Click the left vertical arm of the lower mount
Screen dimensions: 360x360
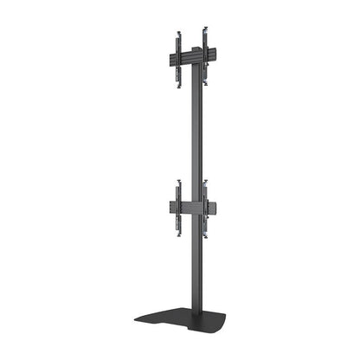(179, 208)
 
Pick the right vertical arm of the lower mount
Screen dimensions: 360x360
(206, 208)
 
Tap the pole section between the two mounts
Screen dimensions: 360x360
(193, 130)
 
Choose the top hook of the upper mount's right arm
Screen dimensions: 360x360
(206, 28)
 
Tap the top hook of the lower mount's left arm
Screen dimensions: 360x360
(179, 183)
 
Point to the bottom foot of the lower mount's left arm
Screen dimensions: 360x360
(179, 232)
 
